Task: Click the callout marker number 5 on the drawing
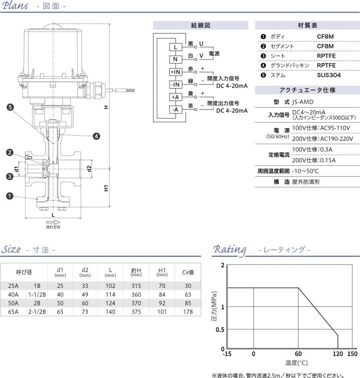click(x=10, y=107)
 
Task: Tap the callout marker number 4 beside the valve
click(x=96, y=136)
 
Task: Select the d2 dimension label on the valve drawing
click(x=89, y=168)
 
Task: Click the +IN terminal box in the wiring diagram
click(x=175, y=72)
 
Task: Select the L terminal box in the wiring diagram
click(x=175, y=47)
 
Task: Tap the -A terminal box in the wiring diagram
click(x=175, y=110)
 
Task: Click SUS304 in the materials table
click(x=328, y=75)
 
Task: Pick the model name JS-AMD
click(x=303, y=102)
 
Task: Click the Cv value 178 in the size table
click(x=188, y=311)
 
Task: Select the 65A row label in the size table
click(x=13, y=311)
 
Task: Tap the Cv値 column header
click(x=188, y=272)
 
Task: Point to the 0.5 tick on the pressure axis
click(x=219, y=329)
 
